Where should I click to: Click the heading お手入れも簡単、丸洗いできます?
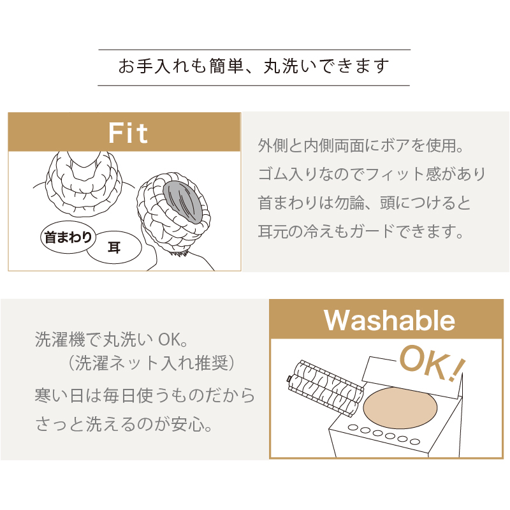coord(254,66)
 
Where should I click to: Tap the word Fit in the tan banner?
coord(128,133)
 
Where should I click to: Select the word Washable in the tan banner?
coord(390,320)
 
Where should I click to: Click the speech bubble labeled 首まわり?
coord(68,238)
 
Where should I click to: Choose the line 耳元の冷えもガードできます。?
coord(360,231)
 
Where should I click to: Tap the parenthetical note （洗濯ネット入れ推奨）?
coord(153,363)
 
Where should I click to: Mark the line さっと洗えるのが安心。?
coord(122,424)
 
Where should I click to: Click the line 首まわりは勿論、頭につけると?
coord(364,203)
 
